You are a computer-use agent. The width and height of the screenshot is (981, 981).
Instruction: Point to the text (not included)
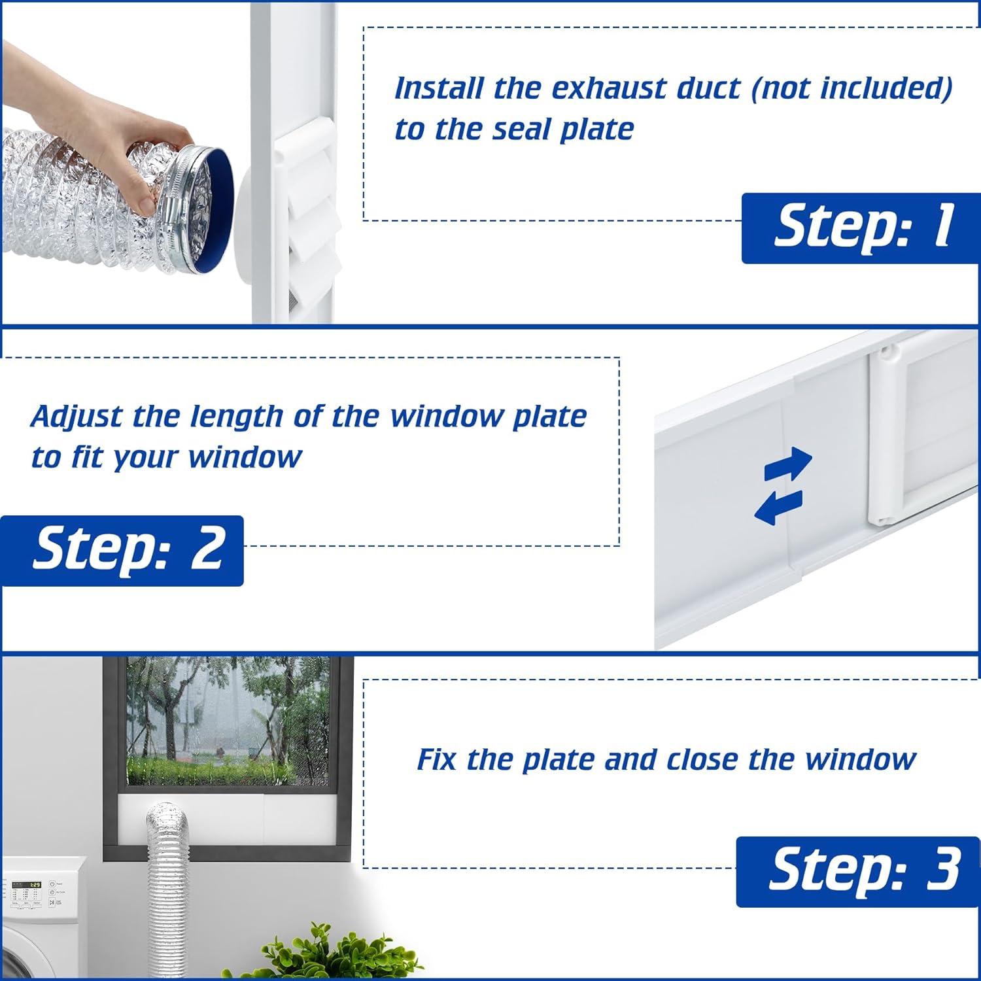tap(852, 88)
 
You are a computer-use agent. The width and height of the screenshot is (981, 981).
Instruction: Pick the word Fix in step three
tap(437, 760)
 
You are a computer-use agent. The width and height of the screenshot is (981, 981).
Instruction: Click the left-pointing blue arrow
tap(778, 507)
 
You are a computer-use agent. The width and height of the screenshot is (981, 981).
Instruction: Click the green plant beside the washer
tap(327, 955)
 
